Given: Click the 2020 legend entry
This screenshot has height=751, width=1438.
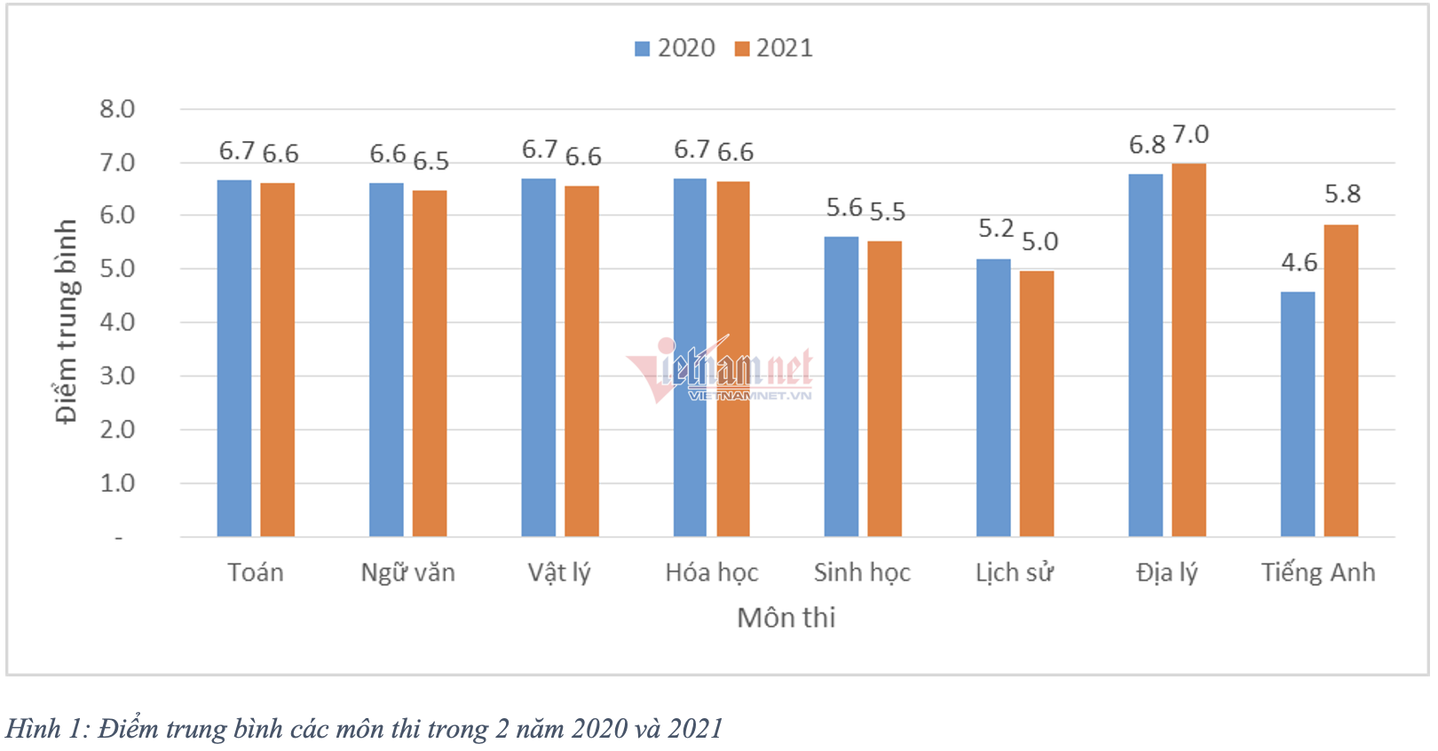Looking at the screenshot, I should coord(676,48).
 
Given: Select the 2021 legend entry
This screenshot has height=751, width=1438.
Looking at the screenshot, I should coord(774,48).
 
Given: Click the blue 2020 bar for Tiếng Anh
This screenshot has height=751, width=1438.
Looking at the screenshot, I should coord(1298,414).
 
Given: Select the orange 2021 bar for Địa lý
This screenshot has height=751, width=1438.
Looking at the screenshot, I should coord(1189,350).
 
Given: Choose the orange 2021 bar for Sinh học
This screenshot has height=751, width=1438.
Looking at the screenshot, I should coord(884,388).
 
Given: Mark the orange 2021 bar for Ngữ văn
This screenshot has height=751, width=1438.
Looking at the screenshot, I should coord(430,363).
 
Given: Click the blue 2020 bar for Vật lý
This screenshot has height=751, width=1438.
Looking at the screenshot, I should coord(539,357).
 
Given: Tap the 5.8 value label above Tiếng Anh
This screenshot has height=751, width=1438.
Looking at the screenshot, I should coord(1342,194).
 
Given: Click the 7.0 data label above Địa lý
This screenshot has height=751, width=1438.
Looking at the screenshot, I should coord(1190,135).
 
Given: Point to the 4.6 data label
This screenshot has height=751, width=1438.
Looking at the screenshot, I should coord(1299,263).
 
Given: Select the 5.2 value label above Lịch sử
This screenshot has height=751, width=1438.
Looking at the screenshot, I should coord(995,229).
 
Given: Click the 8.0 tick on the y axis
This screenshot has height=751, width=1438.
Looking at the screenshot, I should coord(117,109).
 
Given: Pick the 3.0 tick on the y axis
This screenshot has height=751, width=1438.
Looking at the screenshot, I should coord(117,376).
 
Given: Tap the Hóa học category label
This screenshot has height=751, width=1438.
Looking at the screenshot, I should coord(712,573).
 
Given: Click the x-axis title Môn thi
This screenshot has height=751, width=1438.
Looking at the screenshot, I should coord(786,618).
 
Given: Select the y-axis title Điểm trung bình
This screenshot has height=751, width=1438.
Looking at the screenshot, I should coord(66,321).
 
